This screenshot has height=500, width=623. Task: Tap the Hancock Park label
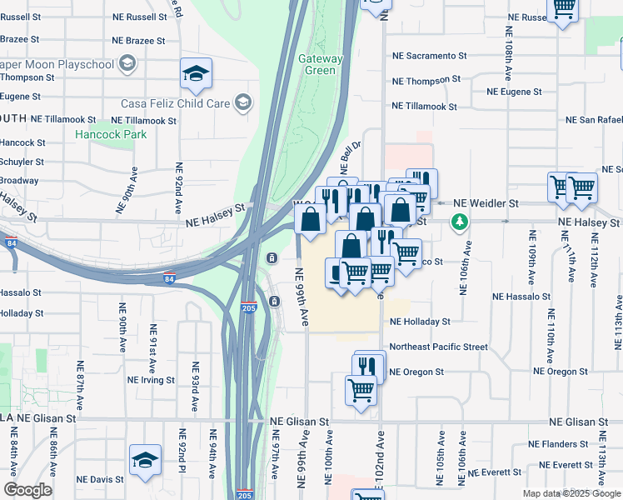click(x=111, y=134)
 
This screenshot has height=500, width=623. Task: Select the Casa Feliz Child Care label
click(x=175, y=103)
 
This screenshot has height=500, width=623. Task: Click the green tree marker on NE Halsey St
click(x=457, y=222)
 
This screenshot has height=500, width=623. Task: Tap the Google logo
click(x=27, y=490)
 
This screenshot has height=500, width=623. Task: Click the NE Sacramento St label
click(x=430, y=56)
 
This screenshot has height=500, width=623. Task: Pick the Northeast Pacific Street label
click(x=438, y=347)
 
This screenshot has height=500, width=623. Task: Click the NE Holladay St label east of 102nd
click(x=420, y=321)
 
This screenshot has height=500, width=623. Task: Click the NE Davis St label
click(x=95, y=479)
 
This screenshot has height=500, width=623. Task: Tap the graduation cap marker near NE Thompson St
click(x=196, y=73)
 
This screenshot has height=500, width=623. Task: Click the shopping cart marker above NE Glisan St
click(x=361, y=388)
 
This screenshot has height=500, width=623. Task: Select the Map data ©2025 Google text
click(x=571, y=493)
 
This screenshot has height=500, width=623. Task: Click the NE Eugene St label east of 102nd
click(x=514, y=92)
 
